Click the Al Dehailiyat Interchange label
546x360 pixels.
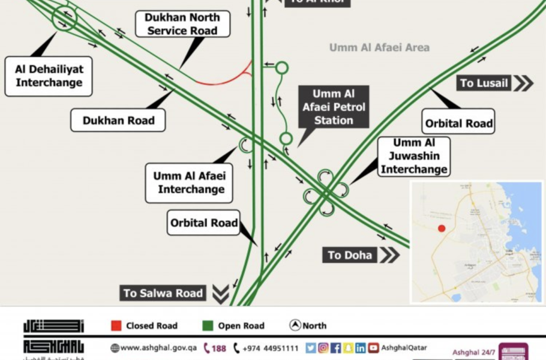tap(49, 76)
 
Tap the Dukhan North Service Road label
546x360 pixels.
tap(182, 24)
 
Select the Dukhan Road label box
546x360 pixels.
tap(118, 120)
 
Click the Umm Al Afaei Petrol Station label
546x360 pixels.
tap(334, 107)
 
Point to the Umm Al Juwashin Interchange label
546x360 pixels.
tap(414, 157)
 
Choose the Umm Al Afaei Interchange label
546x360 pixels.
tap(188, 183)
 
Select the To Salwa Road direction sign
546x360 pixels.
tap(163, 293)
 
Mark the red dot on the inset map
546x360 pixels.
tap(442, 228)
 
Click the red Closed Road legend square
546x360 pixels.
tap(116, 326)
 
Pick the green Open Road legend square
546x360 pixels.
tap(208, 326)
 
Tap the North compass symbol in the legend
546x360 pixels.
tap(295, 325)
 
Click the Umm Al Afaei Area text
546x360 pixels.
tap(379, 47)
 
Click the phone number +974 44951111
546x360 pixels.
tap(270, 348)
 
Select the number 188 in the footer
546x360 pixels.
tap(218, 348)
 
